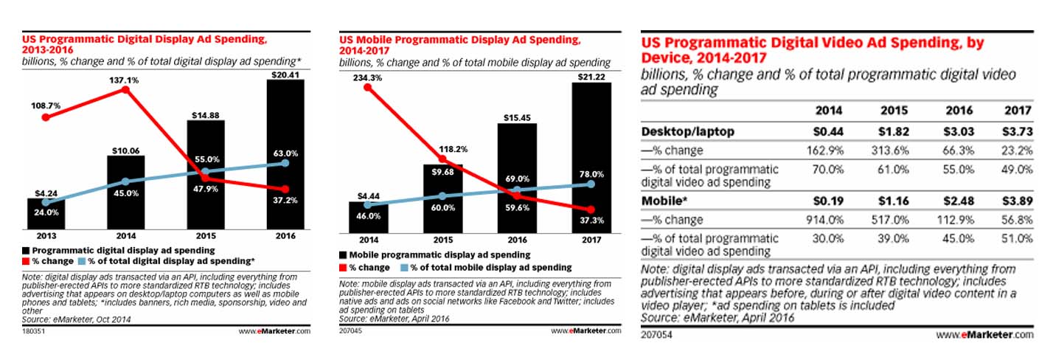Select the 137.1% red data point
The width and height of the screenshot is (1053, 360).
coord(125,90)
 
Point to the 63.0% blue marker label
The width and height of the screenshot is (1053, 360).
coord(286,153)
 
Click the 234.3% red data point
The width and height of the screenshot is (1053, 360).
coord(366,89)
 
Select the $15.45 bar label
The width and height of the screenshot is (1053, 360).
coord(517,117)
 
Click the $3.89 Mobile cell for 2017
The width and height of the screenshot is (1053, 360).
coord(1018,201)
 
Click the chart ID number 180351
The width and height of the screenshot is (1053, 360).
coord(32,331)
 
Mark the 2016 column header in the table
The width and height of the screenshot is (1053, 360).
coord(958,111)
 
